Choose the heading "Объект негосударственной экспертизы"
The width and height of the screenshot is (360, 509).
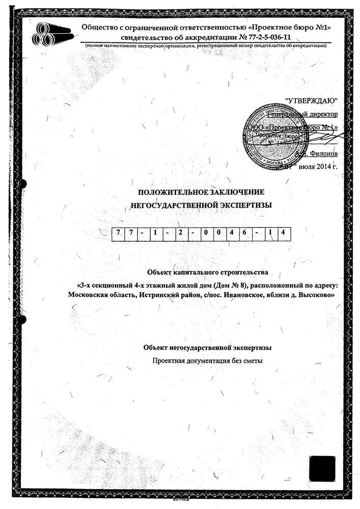pyautogui.click(x=207, y=348)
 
